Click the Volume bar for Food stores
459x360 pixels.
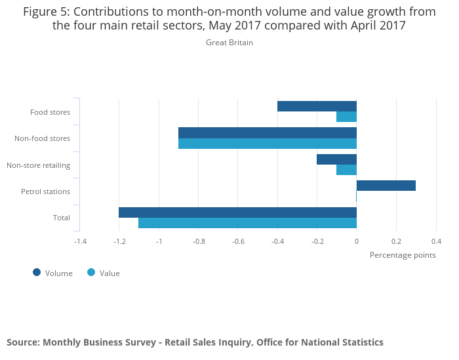click(317, 106)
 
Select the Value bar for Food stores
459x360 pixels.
click(346, 117)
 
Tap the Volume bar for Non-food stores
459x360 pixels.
click(268, 132)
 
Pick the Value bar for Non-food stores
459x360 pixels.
click(268, 144)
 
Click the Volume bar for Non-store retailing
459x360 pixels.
click(336, 159)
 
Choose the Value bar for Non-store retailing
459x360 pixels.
click(346, 170)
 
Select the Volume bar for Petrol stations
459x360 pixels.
click(386, 186)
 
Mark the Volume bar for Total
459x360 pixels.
click(237, 212)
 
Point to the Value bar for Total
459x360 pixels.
click(247, 223)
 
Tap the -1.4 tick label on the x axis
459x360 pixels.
click(80, 241)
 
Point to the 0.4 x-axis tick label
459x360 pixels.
click(436, 241)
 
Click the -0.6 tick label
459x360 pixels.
click(238, 241)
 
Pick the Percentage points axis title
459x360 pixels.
click(403, 255)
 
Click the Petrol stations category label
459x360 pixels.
click(45, 191)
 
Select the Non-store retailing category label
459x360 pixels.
click(38, 165)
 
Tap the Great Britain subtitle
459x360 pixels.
click(229, 43)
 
